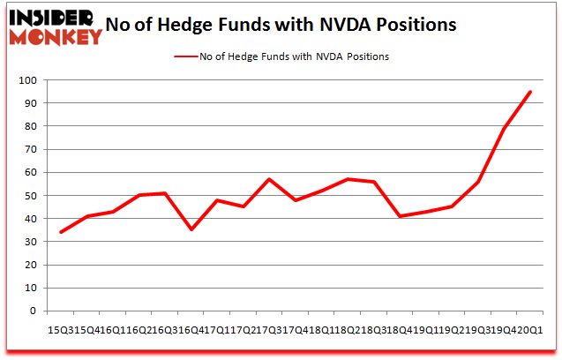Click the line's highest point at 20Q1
click(x=530, y=92)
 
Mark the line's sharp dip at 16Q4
click(x=191, y=229)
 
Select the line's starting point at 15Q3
click(x=61, y=232)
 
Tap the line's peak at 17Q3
click(x=269, y=179)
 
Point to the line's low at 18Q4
click(x=400, y=216)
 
